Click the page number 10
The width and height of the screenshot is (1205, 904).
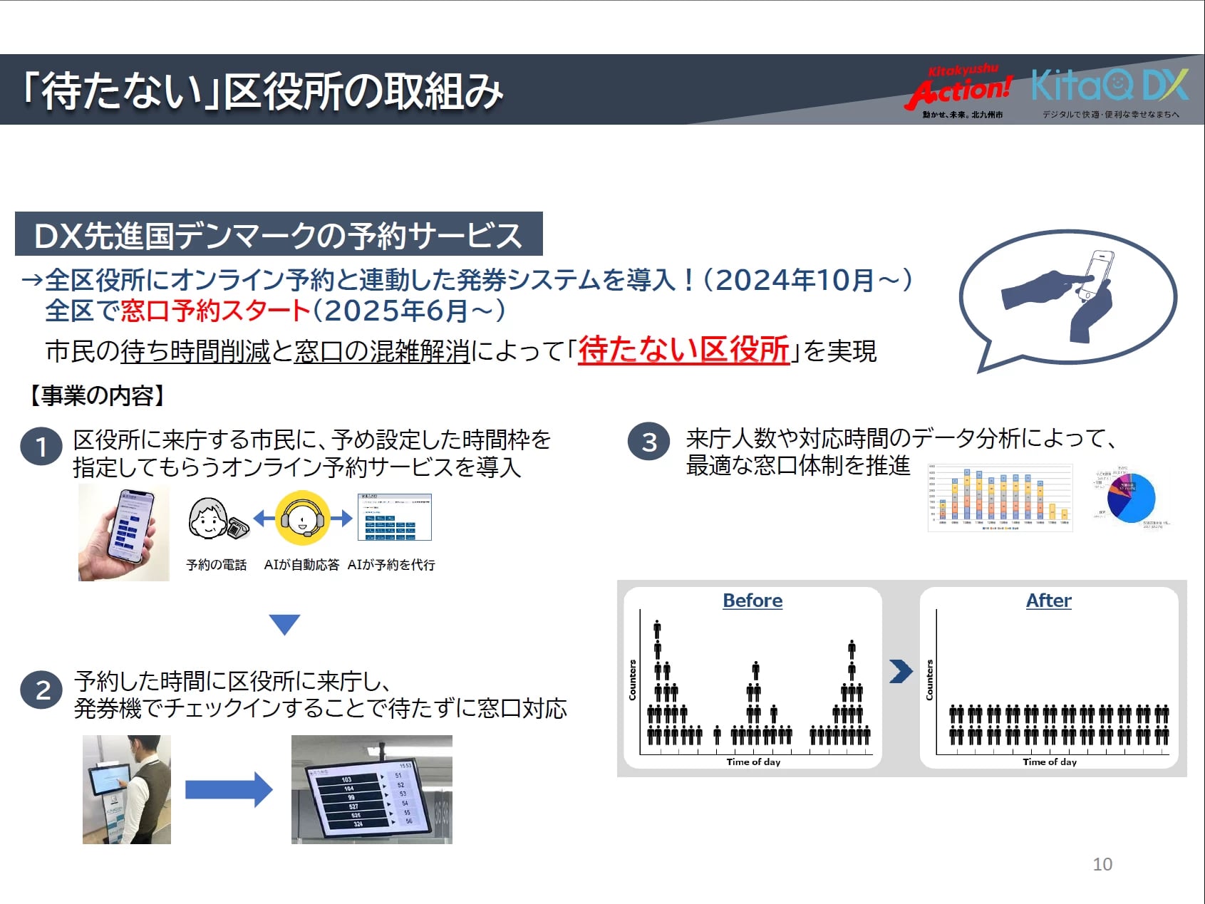(1102, 864)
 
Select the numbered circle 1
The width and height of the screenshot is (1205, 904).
(41, 447)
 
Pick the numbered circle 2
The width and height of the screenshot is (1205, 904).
(42, 690)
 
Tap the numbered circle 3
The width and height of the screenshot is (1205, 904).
(648, 442)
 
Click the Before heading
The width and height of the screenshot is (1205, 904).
(753, 601)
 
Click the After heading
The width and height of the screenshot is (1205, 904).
(1048, 601)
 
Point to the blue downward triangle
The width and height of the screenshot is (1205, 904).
(284, 623)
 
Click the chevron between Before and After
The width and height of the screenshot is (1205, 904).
(901, 671)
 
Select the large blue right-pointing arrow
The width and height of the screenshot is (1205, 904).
(228, 789)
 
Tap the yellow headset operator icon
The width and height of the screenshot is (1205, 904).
(303, 518)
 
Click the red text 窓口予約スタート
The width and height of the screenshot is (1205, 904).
(215, 311)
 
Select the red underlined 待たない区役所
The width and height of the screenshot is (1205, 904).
(683, 350)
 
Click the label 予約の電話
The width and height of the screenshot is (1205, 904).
(216, 565)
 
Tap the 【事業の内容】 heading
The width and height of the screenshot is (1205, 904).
(96, 395)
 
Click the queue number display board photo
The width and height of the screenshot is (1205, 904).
(371, 789)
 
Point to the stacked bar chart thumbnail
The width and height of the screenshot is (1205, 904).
(1000, 498)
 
